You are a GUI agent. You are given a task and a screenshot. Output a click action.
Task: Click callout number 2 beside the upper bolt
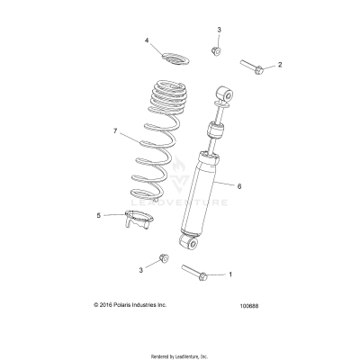pyautogui.click(x=280, y=65)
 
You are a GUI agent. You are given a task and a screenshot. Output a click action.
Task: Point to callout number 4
pyautogui.click(x=147, y=40)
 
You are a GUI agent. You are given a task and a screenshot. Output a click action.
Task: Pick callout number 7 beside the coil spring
pyautogui.click(x=115, y=131)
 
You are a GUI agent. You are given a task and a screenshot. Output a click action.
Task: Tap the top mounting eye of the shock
pyautogui.click(x=225, y=94)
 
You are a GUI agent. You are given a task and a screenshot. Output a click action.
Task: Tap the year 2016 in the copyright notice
pyautogui.click(x=112, y=305)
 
